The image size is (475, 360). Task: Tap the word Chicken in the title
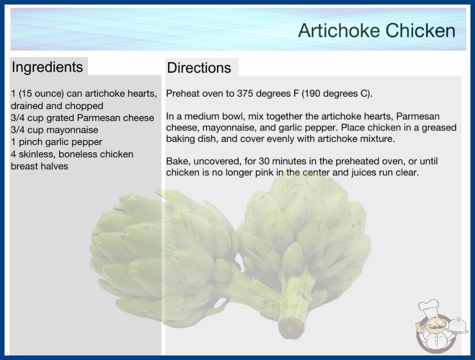[x=421, y=30]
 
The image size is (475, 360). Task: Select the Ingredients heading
[x=47, y=67]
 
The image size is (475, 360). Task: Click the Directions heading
[x=199, y=68]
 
